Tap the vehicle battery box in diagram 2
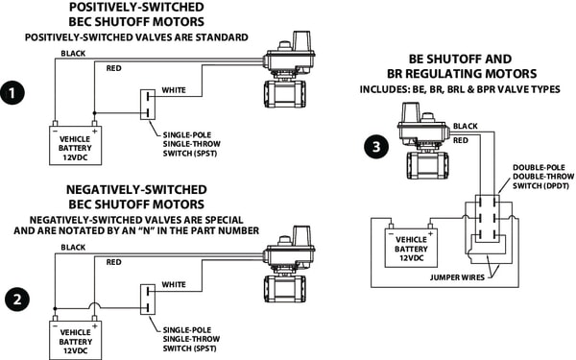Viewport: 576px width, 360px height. [76, 339]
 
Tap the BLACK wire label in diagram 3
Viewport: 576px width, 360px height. [465, 127]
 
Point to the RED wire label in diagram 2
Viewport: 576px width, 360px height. [114, 262]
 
